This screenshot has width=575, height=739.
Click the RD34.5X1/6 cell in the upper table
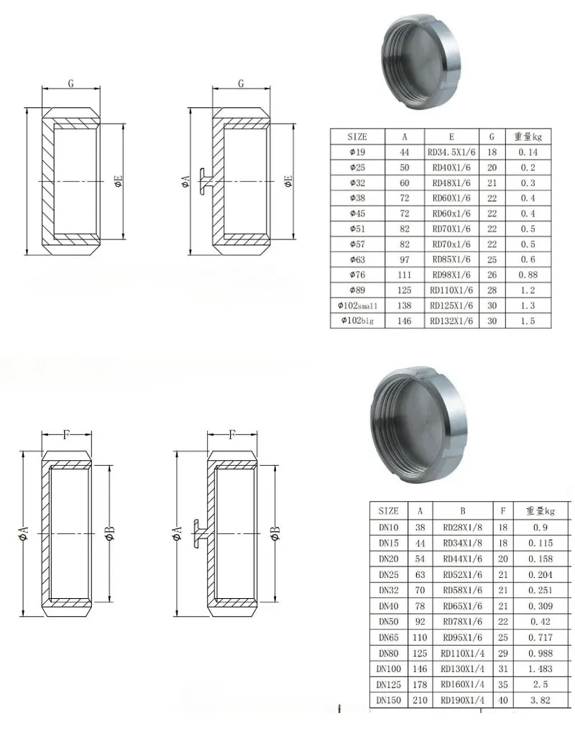click(x=451, y=152)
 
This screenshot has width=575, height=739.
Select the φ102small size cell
click(x=357, y=306)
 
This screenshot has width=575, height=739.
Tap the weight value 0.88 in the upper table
click(x=528, y=275)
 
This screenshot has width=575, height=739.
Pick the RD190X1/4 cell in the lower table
click(x=462, y=700)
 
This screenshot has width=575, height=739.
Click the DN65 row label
click(x=388, y=637)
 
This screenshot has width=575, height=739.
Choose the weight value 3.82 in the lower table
click(x=540, y=700)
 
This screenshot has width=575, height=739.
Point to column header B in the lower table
click(x=462, y=511)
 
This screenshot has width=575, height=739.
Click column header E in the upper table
click(x=451, y=137)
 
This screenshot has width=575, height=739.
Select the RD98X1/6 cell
click(x=451, y=275)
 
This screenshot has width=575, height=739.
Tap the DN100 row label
click(x=388, y=669)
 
